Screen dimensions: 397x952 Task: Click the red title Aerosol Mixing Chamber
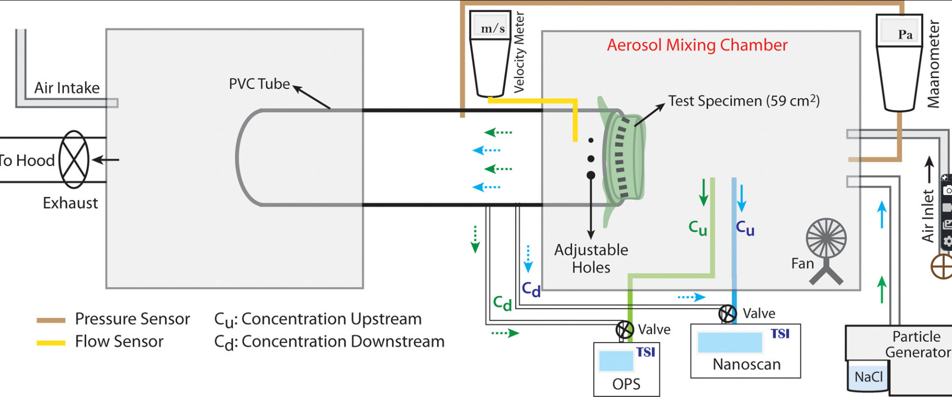(x=697, y=45)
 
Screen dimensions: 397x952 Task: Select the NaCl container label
(x=868, y=377)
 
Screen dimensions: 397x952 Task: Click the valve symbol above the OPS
(x=625, y=329)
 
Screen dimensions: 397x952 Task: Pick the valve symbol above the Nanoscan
(x=727, y=313)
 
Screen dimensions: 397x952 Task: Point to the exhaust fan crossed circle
(x=74, y=159)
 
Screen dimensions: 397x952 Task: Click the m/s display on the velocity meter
(x=492, y=28)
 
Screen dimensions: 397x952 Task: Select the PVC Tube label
(x=259, y=84)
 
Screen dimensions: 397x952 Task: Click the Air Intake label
(x=67, y=88)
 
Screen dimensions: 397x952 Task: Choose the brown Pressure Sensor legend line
(x=50, y=320)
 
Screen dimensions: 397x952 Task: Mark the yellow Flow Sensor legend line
(x=50, y=342)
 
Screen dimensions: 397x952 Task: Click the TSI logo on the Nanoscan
(x=780, y=334)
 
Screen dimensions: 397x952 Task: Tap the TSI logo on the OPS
(x=645, y=352)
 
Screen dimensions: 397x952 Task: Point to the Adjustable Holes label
(x=591, y=259)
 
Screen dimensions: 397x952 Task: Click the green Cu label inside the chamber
(x=698, y=227)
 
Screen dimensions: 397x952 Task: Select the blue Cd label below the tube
(x=531, y=289)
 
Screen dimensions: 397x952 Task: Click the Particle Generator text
(x=916, y=344)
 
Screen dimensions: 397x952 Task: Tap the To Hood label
(x=27, y=160)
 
